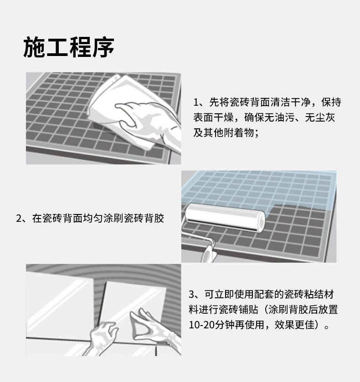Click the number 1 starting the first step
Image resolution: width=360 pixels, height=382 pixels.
click(196, 102)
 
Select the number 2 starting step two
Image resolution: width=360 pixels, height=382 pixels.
click(19, 219)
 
